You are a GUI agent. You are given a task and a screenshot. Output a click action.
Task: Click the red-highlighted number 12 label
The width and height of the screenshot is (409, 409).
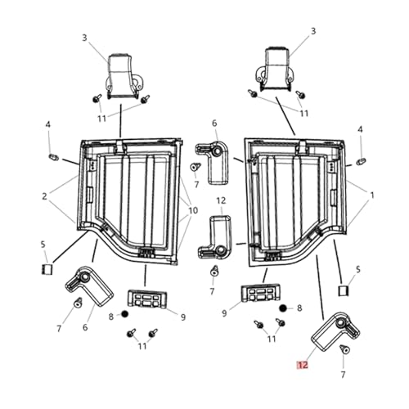(303, 365)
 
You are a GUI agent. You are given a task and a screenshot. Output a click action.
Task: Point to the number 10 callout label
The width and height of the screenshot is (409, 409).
(193, 210)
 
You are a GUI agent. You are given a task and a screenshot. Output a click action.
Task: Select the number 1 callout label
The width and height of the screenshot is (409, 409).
(372, 196)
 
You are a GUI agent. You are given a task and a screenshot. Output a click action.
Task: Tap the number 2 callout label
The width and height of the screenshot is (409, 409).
(44, 196)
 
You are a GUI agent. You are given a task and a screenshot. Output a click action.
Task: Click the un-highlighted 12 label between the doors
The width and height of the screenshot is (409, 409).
(221, 200)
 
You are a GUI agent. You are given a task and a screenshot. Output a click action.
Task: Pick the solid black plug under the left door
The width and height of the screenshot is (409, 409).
(124, 314)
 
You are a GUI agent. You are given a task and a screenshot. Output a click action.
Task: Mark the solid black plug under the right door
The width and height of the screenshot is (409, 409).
(283, 308)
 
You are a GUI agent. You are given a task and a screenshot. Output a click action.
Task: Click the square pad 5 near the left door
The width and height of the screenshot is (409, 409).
(47, 269)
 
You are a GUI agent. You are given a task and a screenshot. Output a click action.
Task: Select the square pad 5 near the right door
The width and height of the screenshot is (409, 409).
(344, 290)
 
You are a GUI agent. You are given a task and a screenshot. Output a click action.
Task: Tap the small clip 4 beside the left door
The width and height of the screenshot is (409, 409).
(53, 158)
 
